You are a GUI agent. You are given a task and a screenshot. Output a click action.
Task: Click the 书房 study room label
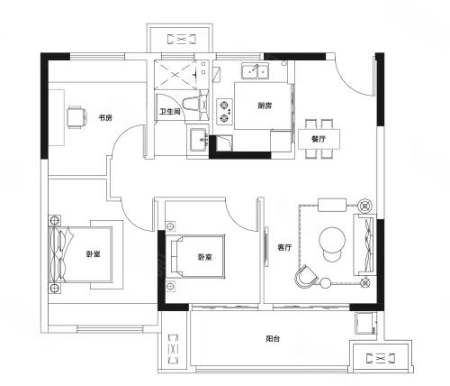[105, 117]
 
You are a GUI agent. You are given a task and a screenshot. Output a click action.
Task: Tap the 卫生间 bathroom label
[170, 112]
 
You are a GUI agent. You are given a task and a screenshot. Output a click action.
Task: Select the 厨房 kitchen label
[265, 106]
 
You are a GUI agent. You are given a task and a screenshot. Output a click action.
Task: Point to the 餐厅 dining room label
[319, 139]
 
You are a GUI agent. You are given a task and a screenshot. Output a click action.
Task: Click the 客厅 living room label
[284, 247]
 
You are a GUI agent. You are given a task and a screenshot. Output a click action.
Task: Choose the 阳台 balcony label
[273, 339]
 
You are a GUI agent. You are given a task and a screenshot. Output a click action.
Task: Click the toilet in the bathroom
[194, 104]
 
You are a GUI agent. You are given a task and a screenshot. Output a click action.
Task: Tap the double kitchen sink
[256, 71]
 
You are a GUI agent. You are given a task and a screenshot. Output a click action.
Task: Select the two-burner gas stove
[224, 112]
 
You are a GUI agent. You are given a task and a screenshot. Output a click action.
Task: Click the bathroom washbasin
[198, 139]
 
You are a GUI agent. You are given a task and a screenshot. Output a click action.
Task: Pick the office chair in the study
[76, 117]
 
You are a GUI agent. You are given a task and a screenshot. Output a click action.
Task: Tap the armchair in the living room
[306, 277]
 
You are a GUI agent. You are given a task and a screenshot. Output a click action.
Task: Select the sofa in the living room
[364, 244]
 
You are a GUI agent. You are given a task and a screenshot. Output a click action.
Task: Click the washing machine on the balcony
[365, 323]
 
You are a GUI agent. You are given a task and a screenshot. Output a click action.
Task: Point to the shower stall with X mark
[175, 75]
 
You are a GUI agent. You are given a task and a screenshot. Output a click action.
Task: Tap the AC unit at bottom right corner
[381, 358]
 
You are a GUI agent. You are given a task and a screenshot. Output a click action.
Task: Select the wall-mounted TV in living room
[265, 246]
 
